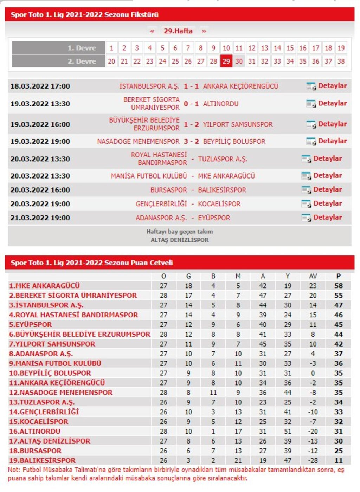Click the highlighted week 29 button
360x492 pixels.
click(x=226, y=61)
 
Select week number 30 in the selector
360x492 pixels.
click(x=239, y=61)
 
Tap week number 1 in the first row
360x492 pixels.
click(x=111, y=48)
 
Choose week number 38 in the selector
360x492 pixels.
click(x=341, y=61)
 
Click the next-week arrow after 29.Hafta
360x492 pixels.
click(x=204, y=31)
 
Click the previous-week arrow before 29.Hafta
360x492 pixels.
click(x=152, y=31)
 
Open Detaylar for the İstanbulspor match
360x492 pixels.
click(x=332, y=86)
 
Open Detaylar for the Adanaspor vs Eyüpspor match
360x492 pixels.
click(x=327, y=218)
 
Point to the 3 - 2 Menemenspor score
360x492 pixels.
click(x=191, y=141)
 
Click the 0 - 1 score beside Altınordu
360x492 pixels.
click(x=191, y=104)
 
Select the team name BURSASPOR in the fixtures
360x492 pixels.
click(x=169, y=190)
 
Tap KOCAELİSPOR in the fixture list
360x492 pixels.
click(x=219, y=204)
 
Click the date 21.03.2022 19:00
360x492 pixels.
click(x=40, y=218)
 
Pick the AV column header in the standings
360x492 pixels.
click(x=313, y=276)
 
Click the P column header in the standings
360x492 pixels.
click(x=338, y=276)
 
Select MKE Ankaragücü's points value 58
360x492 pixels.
click(x=338, y=286)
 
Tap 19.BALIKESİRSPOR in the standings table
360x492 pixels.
click(x=42, y=460)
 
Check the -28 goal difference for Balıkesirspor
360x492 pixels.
click(x=313, y=460)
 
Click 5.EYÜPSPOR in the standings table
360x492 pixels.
click(x=31, y=325)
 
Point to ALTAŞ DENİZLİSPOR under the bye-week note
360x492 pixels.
click(x=180, y=240)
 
